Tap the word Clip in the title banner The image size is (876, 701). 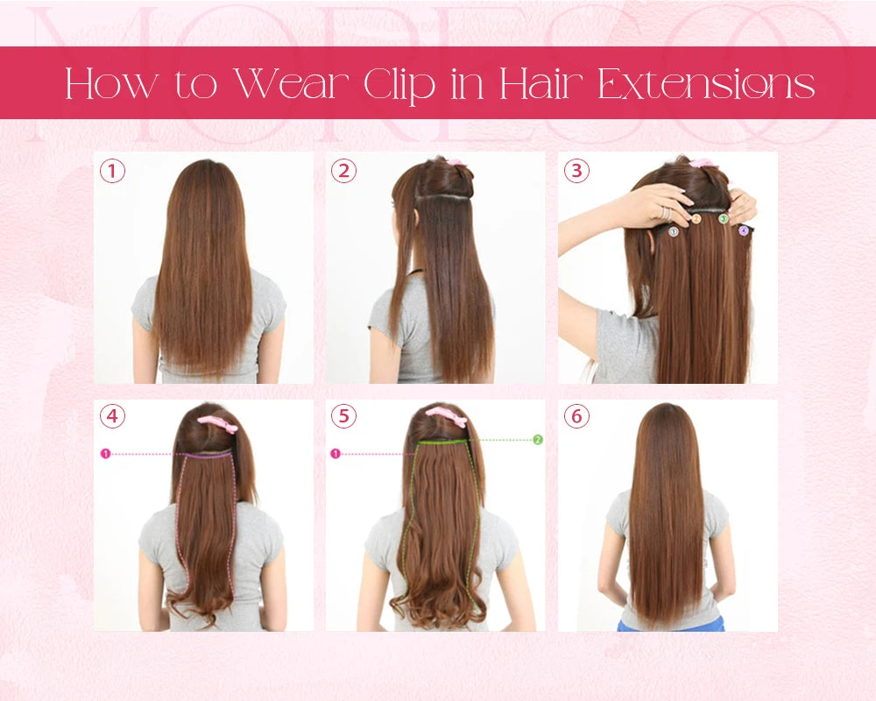399,86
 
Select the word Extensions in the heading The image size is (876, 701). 706,84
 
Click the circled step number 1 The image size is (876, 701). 112,171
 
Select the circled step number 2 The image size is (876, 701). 343,171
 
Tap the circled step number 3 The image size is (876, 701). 576,171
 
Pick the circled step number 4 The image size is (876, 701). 112,416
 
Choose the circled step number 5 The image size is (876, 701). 343,416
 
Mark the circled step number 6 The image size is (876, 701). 576,416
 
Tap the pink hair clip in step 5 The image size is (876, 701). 447,417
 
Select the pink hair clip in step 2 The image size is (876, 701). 453,162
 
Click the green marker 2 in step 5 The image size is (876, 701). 538,440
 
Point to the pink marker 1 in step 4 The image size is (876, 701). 106,454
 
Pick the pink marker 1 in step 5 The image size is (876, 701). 336,454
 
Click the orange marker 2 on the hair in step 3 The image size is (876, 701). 696,219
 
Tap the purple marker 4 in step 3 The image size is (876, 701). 743,230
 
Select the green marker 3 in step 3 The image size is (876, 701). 724,218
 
